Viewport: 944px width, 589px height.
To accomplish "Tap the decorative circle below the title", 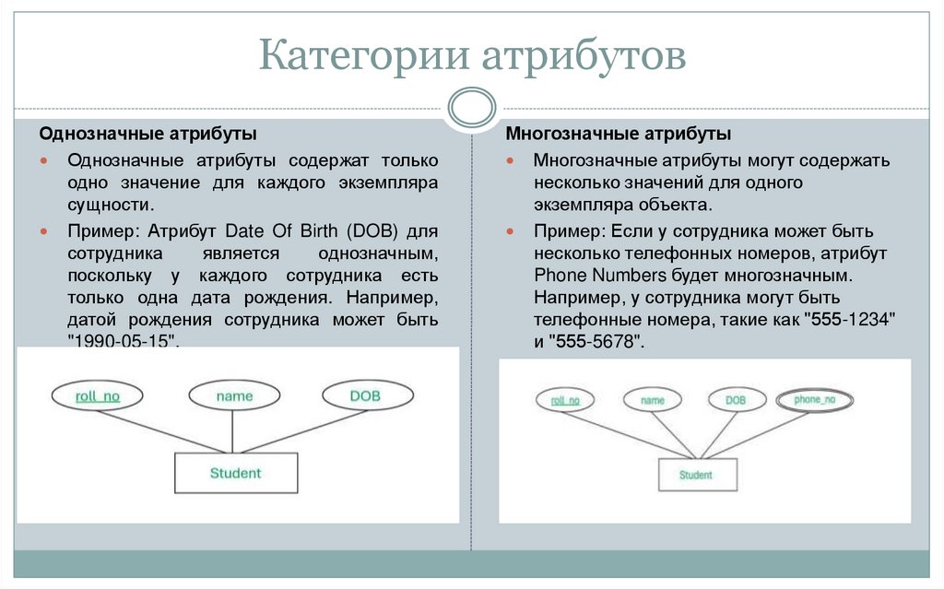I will click(x=471, y=107).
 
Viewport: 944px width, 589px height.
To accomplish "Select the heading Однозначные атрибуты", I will click(x=147, y=134).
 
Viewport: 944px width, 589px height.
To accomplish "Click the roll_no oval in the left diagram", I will click(x=96, y=396).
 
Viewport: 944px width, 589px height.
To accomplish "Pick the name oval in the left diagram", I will click(x=234, y=396).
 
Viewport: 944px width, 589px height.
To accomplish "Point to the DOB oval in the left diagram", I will click(x=365, y=396).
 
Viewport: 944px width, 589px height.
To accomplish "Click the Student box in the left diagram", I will click(x=235, y=474).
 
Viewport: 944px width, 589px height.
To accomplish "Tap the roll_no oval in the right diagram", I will click(x=565, y=400).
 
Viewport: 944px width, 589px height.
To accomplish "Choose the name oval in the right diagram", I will click(x=653, y=400).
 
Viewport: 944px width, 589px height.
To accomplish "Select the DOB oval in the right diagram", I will click(x=735, y=400).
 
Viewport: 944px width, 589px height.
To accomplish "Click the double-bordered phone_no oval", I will click(x=814, y=400).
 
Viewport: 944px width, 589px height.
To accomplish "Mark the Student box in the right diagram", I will click(x=696, y=475).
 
